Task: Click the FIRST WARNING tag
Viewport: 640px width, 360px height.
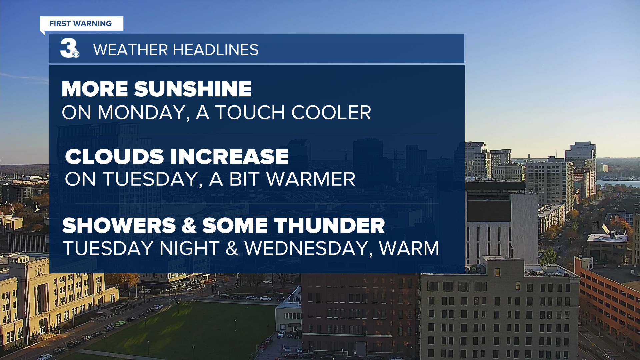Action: click(x=82, y=24)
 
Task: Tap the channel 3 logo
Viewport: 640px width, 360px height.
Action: click(x=70, y=48)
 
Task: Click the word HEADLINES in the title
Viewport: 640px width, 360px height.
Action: click(x=215, y=50)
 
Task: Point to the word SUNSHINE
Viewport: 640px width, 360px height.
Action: click(x=193, y=89)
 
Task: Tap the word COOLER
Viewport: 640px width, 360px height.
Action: click(x=331, y=113)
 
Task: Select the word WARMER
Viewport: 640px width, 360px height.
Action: click(x=311, y=179)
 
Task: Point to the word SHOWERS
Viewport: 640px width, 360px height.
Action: click(x=119, y=226)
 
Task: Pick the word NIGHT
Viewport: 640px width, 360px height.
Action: click(x=189, y=249)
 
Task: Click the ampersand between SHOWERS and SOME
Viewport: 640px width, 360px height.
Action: click(x=189, y=226)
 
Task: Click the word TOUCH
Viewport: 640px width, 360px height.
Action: click(x=250, y=113)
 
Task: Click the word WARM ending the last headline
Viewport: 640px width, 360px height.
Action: click(x=409, y=249)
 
